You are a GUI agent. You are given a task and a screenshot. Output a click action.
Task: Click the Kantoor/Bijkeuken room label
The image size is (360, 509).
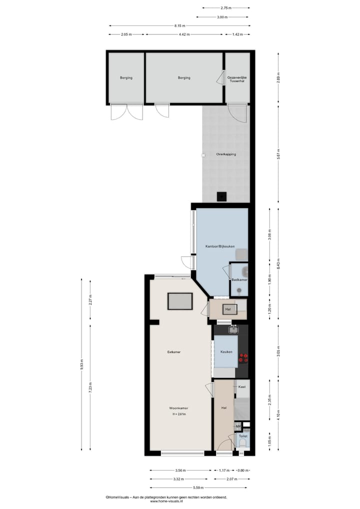click(220, 246)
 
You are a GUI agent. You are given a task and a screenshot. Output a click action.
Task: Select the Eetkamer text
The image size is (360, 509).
click(174, 352)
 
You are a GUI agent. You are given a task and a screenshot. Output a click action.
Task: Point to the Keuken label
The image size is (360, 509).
click(226, 352)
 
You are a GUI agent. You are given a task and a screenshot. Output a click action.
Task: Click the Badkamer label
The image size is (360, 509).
click(239, 279)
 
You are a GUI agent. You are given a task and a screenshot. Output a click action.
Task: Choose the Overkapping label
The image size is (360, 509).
click(226, 154)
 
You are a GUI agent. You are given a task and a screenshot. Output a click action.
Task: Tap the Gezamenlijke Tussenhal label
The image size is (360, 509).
click(237, 79)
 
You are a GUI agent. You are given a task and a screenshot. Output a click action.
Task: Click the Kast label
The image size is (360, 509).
click(241, 386)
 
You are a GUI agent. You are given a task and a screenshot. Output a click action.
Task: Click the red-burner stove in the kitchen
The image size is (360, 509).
click(243, 357)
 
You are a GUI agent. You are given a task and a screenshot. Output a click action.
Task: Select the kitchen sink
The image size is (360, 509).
click(233, 329)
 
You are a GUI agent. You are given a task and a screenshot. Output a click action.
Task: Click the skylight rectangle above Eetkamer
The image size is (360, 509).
click(180, 301)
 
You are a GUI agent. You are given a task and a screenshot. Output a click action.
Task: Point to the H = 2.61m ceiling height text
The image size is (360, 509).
click(179, 414)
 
